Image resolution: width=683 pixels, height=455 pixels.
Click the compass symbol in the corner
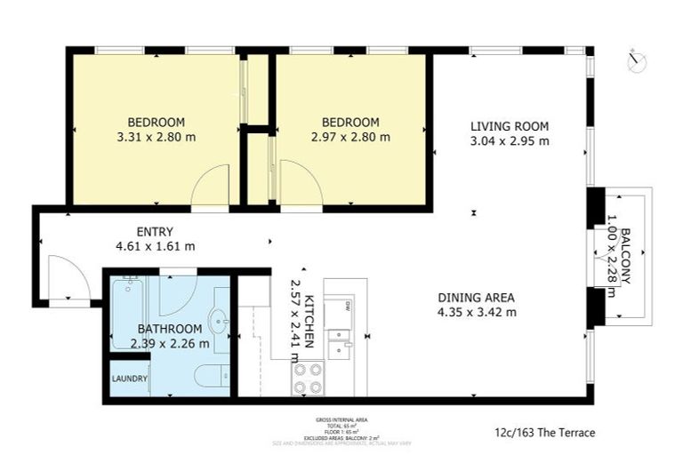tap(636, 61)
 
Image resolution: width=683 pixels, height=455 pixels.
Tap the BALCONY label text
tap(625, 256)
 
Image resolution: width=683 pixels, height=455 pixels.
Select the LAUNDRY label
tap(129, 379)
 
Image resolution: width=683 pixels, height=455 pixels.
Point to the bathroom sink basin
tap(218, 320)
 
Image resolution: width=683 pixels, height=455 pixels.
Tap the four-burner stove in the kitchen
tap(308, 380)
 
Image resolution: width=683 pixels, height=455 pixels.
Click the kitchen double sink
tap(341, 342)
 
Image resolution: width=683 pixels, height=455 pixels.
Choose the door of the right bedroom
tap(300, 185)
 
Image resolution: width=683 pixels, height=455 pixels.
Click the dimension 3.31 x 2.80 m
tap(156, 138)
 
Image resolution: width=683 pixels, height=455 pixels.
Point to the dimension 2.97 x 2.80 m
tap(350, 138)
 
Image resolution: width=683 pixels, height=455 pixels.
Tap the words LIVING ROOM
tap(510, 125)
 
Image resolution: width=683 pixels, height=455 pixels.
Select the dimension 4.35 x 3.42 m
tap(477, 312)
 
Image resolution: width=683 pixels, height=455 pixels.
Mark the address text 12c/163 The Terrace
tap(544, 433)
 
